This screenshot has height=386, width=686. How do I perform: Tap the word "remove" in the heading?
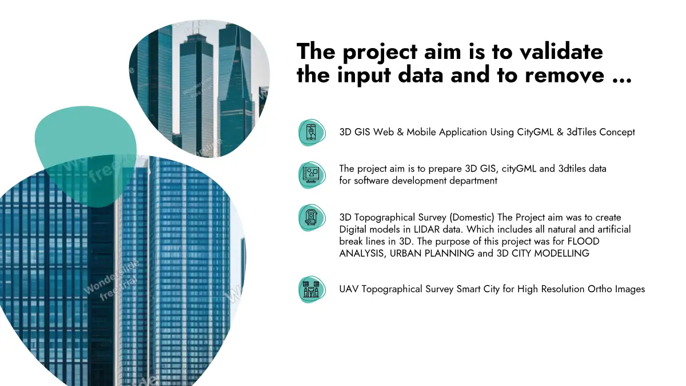pyautogui.click(x=565, y=75)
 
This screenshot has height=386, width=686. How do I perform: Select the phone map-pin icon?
pyautogui.click(x=312, y=132)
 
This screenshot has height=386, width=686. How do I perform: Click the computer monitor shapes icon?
pyautogui.click(x=311, y=175)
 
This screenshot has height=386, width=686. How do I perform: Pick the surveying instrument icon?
pyautogui.click(x=311, y=217)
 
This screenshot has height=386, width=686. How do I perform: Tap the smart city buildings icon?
pyautogui.click(x=311, y=289)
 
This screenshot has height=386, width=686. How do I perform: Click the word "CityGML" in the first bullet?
pyautogui.click(x=535, y=132)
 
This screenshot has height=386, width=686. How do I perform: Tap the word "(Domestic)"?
pyautogui.click(x=472, y=217)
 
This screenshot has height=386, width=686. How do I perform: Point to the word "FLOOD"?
pyautogui.click(x=584, y=241)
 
